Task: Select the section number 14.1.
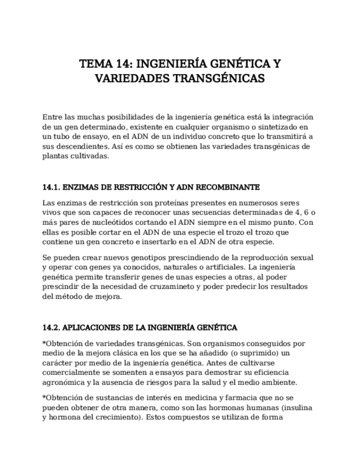(52, 187)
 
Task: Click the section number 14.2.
(52, 328)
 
